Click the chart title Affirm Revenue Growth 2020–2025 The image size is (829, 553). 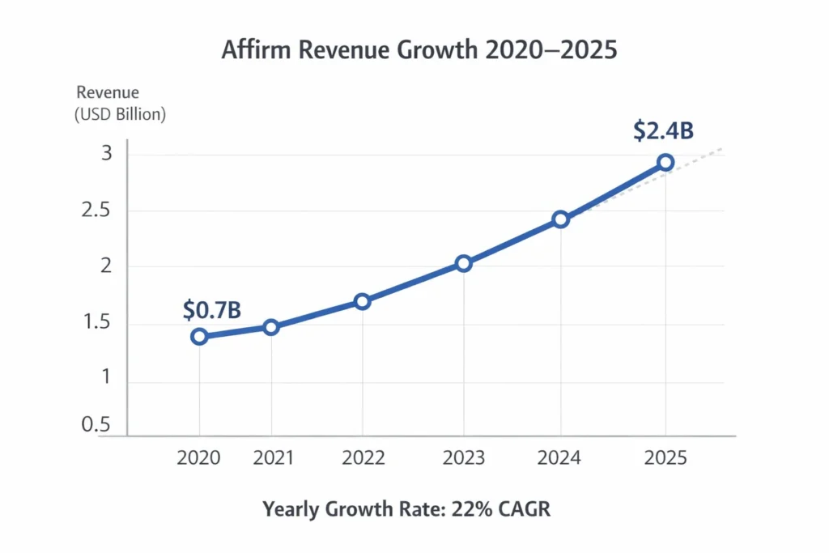[x=419, y=49]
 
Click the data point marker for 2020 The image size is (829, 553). [x=199, y=336]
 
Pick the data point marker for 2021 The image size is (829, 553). [x=271, y=327]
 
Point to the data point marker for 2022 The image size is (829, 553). [x=362, y=301]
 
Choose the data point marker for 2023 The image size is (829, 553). [x=463, y=263]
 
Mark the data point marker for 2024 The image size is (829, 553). [x=560, y=219]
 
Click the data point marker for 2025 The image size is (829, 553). [x=665, y=163]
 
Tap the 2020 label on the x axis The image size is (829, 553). [x=199, y=458]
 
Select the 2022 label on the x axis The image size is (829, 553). [x=363, y=458]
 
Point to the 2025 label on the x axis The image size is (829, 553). [x=664, y=458]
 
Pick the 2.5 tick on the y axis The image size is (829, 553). [x=103, y=211]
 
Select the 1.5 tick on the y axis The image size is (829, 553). [x=103, y=324]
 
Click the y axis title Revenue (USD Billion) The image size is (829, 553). [x=120, y=104]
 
